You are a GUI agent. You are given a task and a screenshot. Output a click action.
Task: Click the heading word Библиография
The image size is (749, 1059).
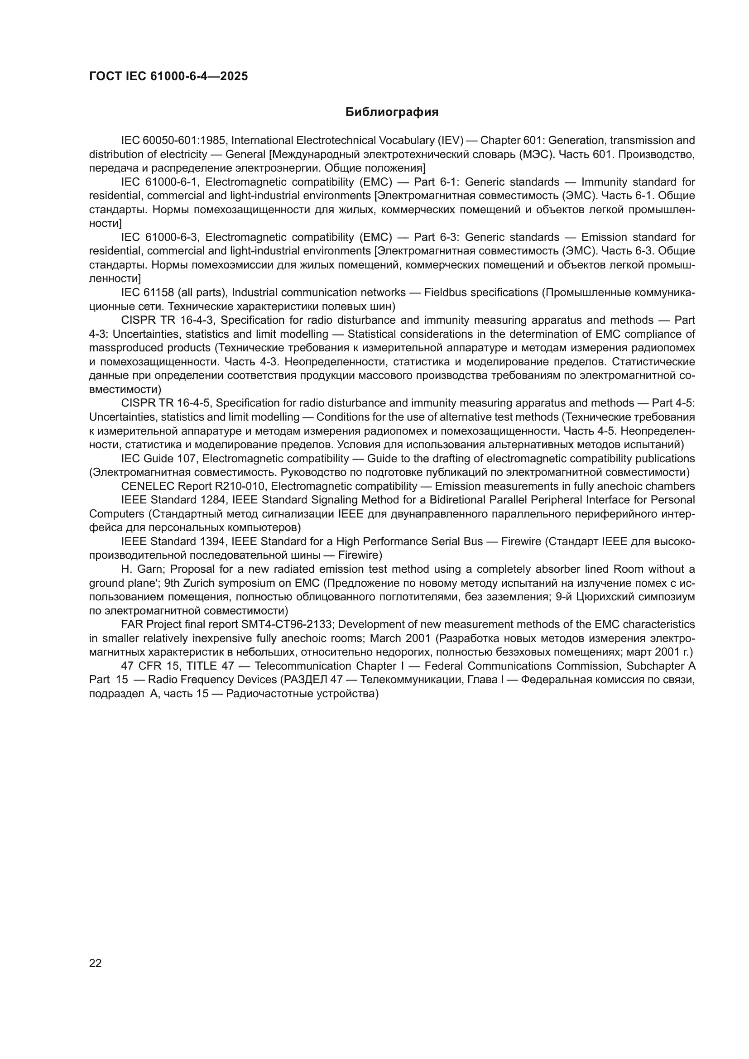(x=392, y=112)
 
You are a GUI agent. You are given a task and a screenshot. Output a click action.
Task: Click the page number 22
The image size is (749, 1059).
(x=96, y=963)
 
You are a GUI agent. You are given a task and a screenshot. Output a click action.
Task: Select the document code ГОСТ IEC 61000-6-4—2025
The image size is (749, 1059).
(x=168, y=76)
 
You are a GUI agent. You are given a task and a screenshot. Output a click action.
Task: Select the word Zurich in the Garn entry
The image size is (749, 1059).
(x=198, y=583)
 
